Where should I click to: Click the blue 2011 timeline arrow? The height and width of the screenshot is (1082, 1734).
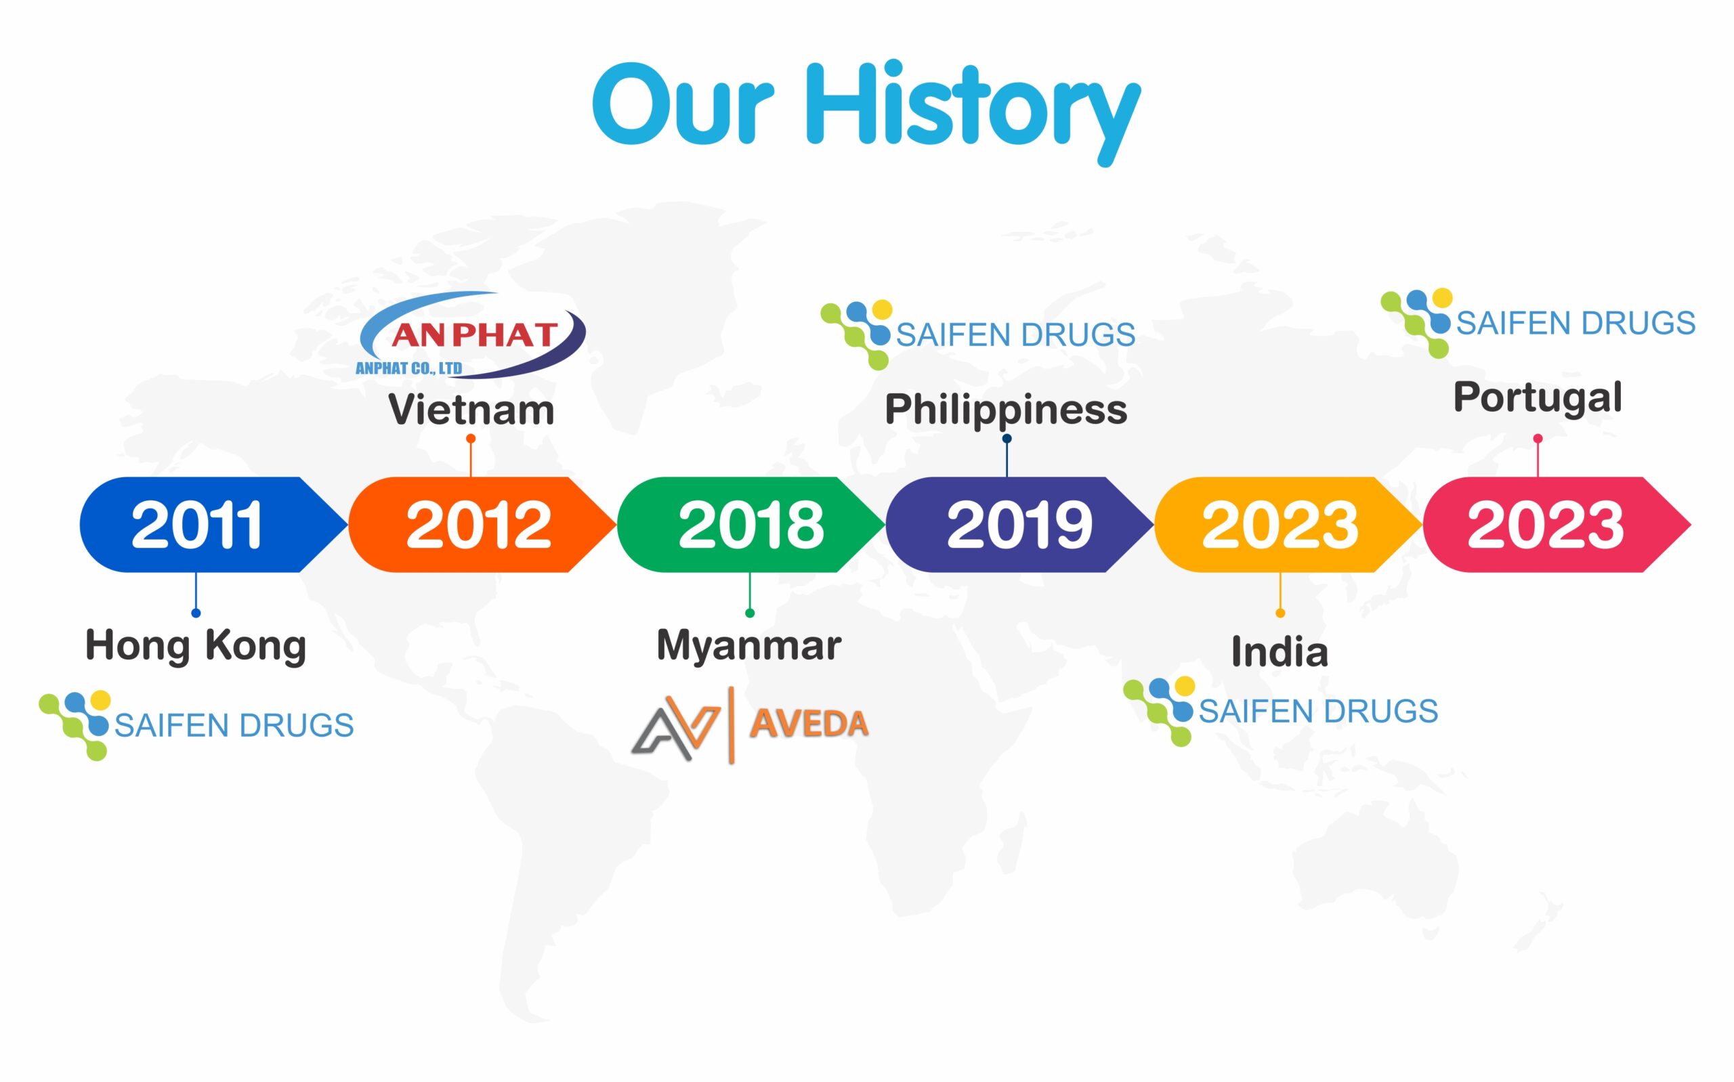[x=213, y=525]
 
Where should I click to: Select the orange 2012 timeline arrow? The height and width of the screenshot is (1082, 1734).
[x=482, y=525]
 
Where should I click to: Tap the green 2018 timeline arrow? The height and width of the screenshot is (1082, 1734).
[x=750, y=525]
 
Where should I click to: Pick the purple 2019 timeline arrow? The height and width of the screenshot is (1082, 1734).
[x=1020, y=525]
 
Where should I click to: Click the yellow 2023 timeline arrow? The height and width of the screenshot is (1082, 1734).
[x=1288, y=525]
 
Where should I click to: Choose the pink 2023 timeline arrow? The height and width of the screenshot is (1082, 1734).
[x=1557, y=525]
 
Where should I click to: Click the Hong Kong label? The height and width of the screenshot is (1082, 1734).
[x=195, y=645]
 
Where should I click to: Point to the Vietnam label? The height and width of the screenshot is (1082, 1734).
[x=471, y=410]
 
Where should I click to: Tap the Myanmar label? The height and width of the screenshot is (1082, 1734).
[x=748, y=646]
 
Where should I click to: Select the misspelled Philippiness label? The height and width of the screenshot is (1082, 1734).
[x=1006, y=411]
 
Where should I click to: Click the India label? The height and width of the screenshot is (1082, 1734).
[x=1280, y=652]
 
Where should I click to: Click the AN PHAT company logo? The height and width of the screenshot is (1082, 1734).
[x=471, y=335]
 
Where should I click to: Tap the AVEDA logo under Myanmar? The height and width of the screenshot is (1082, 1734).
[x=749, y=724]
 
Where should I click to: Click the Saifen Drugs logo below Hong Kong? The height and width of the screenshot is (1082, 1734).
[x=196, y=725]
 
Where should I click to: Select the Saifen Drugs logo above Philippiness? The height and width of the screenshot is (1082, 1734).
[x=977, y=334]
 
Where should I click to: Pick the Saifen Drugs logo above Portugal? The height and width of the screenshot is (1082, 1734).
[x=1538, y=323]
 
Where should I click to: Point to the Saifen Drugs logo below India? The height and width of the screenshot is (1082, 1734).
[x=1281, y=712]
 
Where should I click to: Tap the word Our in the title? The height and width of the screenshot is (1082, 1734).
[x=683, y=105]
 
